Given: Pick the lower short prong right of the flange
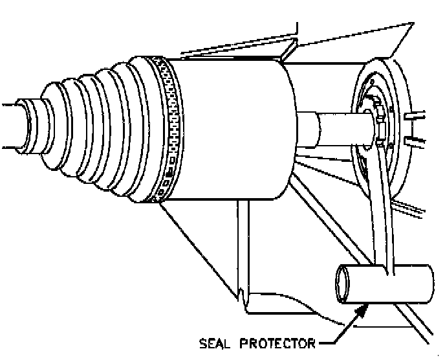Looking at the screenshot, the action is click(x=411, y=139).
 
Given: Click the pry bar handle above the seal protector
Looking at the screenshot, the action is click(x=382, y=214).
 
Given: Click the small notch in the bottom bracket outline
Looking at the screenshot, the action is click(x=243, y=299).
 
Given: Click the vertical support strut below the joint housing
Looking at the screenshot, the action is click(x=243, y=246).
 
